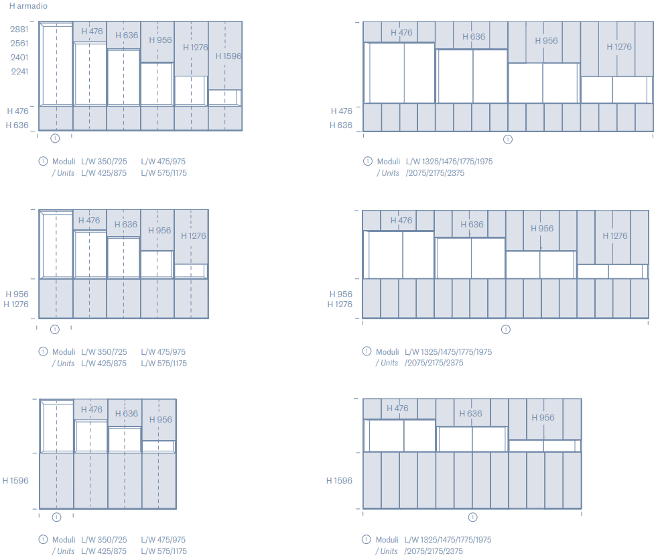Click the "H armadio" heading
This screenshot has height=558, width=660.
click(28, 6)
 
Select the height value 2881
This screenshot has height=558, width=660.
click(19, 29)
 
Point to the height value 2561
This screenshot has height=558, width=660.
click(19, 44)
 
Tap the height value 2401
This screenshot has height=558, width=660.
click(19, 57)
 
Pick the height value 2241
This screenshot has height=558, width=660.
click(20, 71)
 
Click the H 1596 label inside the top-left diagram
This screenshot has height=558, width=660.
click(228, 56)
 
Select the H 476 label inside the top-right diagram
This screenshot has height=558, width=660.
click(401, 32)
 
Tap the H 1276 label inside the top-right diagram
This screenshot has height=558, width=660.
click(618, 47)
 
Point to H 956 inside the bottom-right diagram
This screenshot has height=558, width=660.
click(543, 418)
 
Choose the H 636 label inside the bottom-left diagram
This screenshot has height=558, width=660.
click(126, 413)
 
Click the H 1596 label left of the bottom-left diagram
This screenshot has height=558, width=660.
click(15, 480)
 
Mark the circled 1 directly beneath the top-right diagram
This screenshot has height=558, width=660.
click(508, 139)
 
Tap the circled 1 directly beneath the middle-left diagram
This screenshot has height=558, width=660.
click(55, 329)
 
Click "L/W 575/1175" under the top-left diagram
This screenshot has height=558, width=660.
click(163, 173)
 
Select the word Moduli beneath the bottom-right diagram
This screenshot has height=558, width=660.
click(387, 540)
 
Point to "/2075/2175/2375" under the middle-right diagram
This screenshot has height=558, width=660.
click(434, 363)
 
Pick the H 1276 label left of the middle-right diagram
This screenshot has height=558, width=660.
click(340, 304)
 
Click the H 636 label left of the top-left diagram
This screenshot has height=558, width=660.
click(17, 125)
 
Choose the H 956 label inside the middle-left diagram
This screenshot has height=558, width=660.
click(159, 231)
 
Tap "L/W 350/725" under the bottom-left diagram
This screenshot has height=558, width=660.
click(104, 540)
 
